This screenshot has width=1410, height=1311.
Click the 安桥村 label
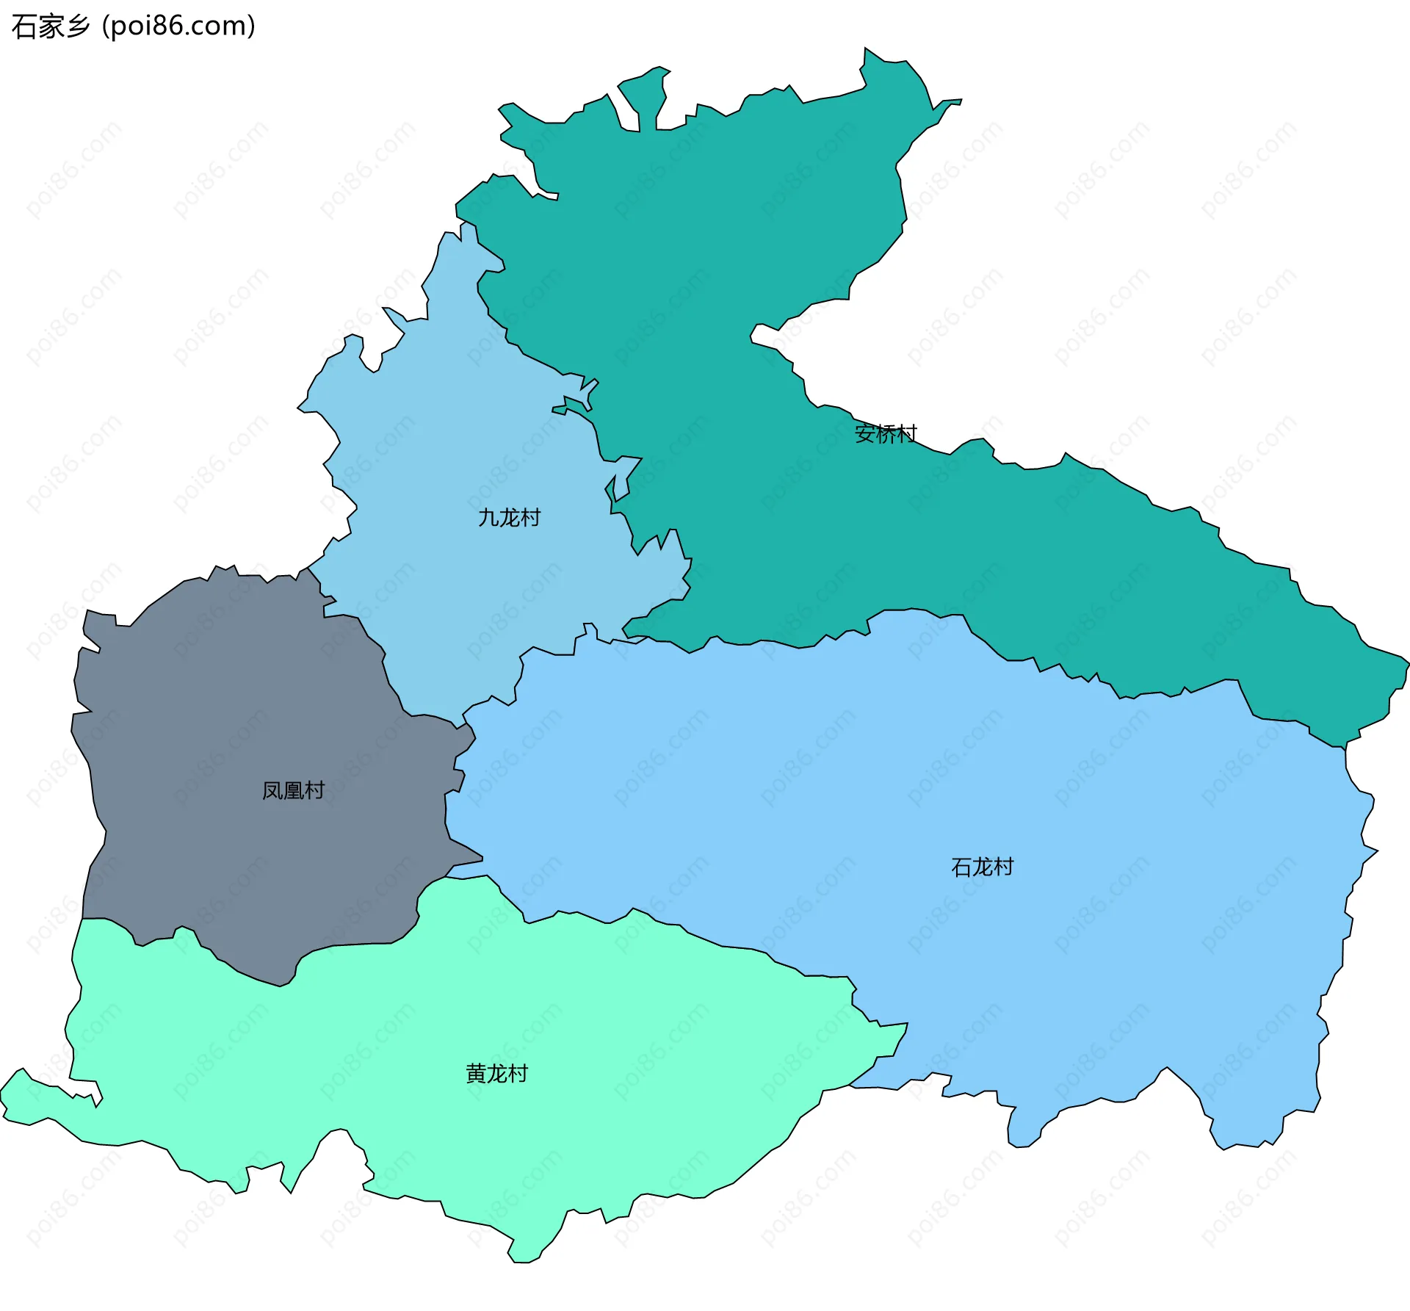tap(886, 434)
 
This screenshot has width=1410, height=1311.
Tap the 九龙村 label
tap(509, 518)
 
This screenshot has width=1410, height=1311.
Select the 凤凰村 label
tap(293, 790)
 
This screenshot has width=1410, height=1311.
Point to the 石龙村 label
tap(982, 867)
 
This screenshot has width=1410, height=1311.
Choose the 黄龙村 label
tap(496, 1074)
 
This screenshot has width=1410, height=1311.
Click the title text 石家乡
tap(50, 26)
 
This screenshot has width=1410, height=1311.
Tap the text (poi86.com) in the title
tap(178, 26)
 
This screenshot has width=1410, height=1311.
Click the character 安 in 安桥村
tap(865, 434)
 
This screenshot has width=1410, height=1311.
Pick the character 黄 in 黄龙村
tap(476, 1074)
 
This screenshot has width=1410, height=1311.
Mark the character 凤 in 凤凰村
tap(272, 790)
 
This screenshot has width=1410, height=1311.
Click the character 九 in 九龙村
tap(488, 518)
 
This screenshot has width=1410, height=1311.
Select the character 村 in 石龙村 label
tap(1003, 867)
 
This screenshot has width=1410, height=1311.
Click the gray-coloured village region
tap(242, 734)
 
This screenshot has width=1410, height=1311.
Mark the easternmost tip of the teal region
tap(1408, 661)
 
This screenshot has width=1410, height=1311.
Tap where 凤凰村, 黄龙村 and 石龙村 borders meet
tap(446, 877)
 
